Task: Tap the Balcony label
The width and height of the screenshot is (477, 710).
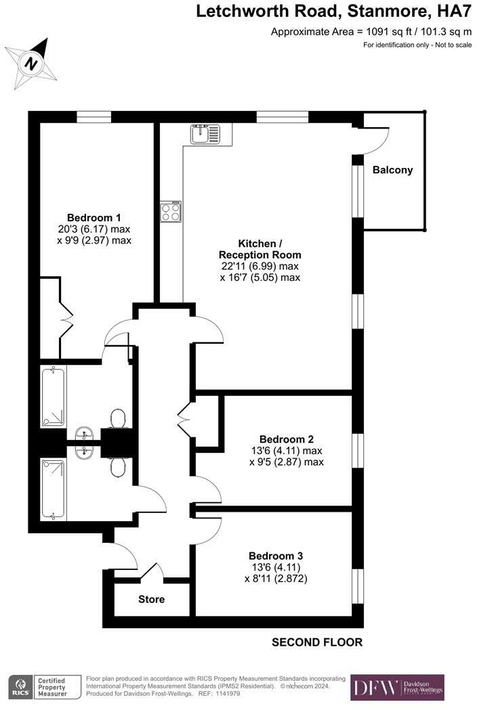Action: pyautogui.click(x=392, y=170)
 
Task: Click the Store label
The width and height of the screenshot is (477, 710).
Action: pyautogui.click(x=151, y=599)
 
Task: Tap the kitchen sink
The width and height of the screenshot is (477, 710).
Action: pyautogui.click(x=205, y=134)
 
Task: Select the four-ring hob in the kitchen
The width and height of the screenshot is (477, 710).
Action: pyautogui.click(x=171, y=212)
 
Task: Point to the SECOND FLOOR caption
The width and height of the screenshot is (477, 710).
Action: pyautogui.click(x=317, y=642)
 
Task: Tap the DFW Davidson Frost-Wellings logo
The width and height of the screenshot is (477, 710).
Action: pyautogui.click(x=397, y=687)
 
